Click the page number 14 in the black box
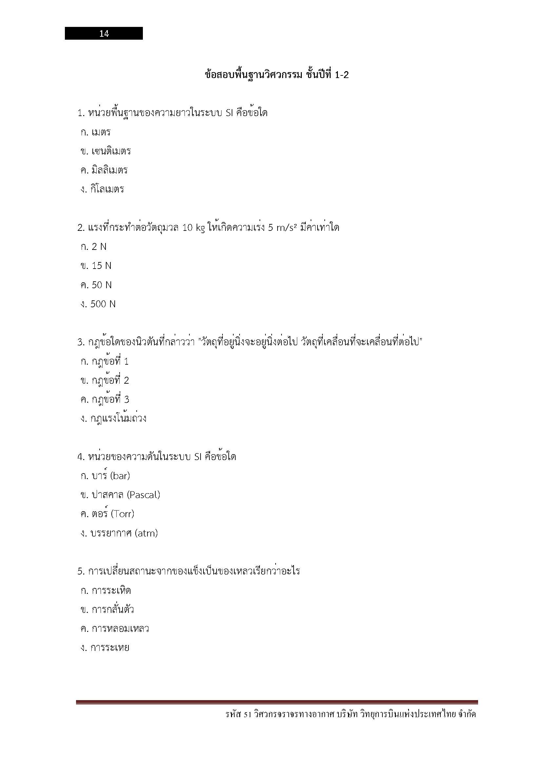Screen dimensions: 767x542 click(104, 33)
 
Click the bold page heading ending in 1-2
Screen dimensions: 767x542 click(277, 75)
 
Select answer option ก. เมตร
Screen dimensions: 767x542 click(95, 132)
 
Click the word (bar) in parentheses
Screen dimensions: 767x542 click(120, 476)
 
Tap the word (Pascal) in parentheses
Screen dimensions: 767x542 click(144, 495)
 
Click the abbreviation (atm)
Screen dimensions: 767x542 click(146, 533)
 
